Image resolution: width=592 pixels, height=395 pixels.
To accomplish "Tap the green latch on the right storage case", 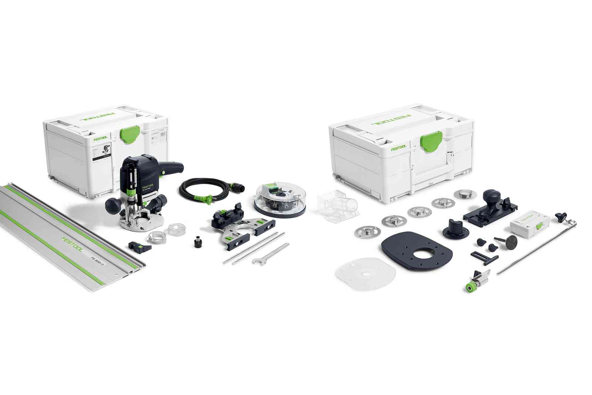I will coord(432,142).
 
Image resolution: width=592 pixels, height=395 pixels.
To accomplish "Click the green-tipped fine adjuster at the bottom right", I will coord(471,287).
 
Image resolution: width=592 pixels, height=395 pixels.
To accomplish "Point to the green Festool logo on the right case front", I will coord(399,147).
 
